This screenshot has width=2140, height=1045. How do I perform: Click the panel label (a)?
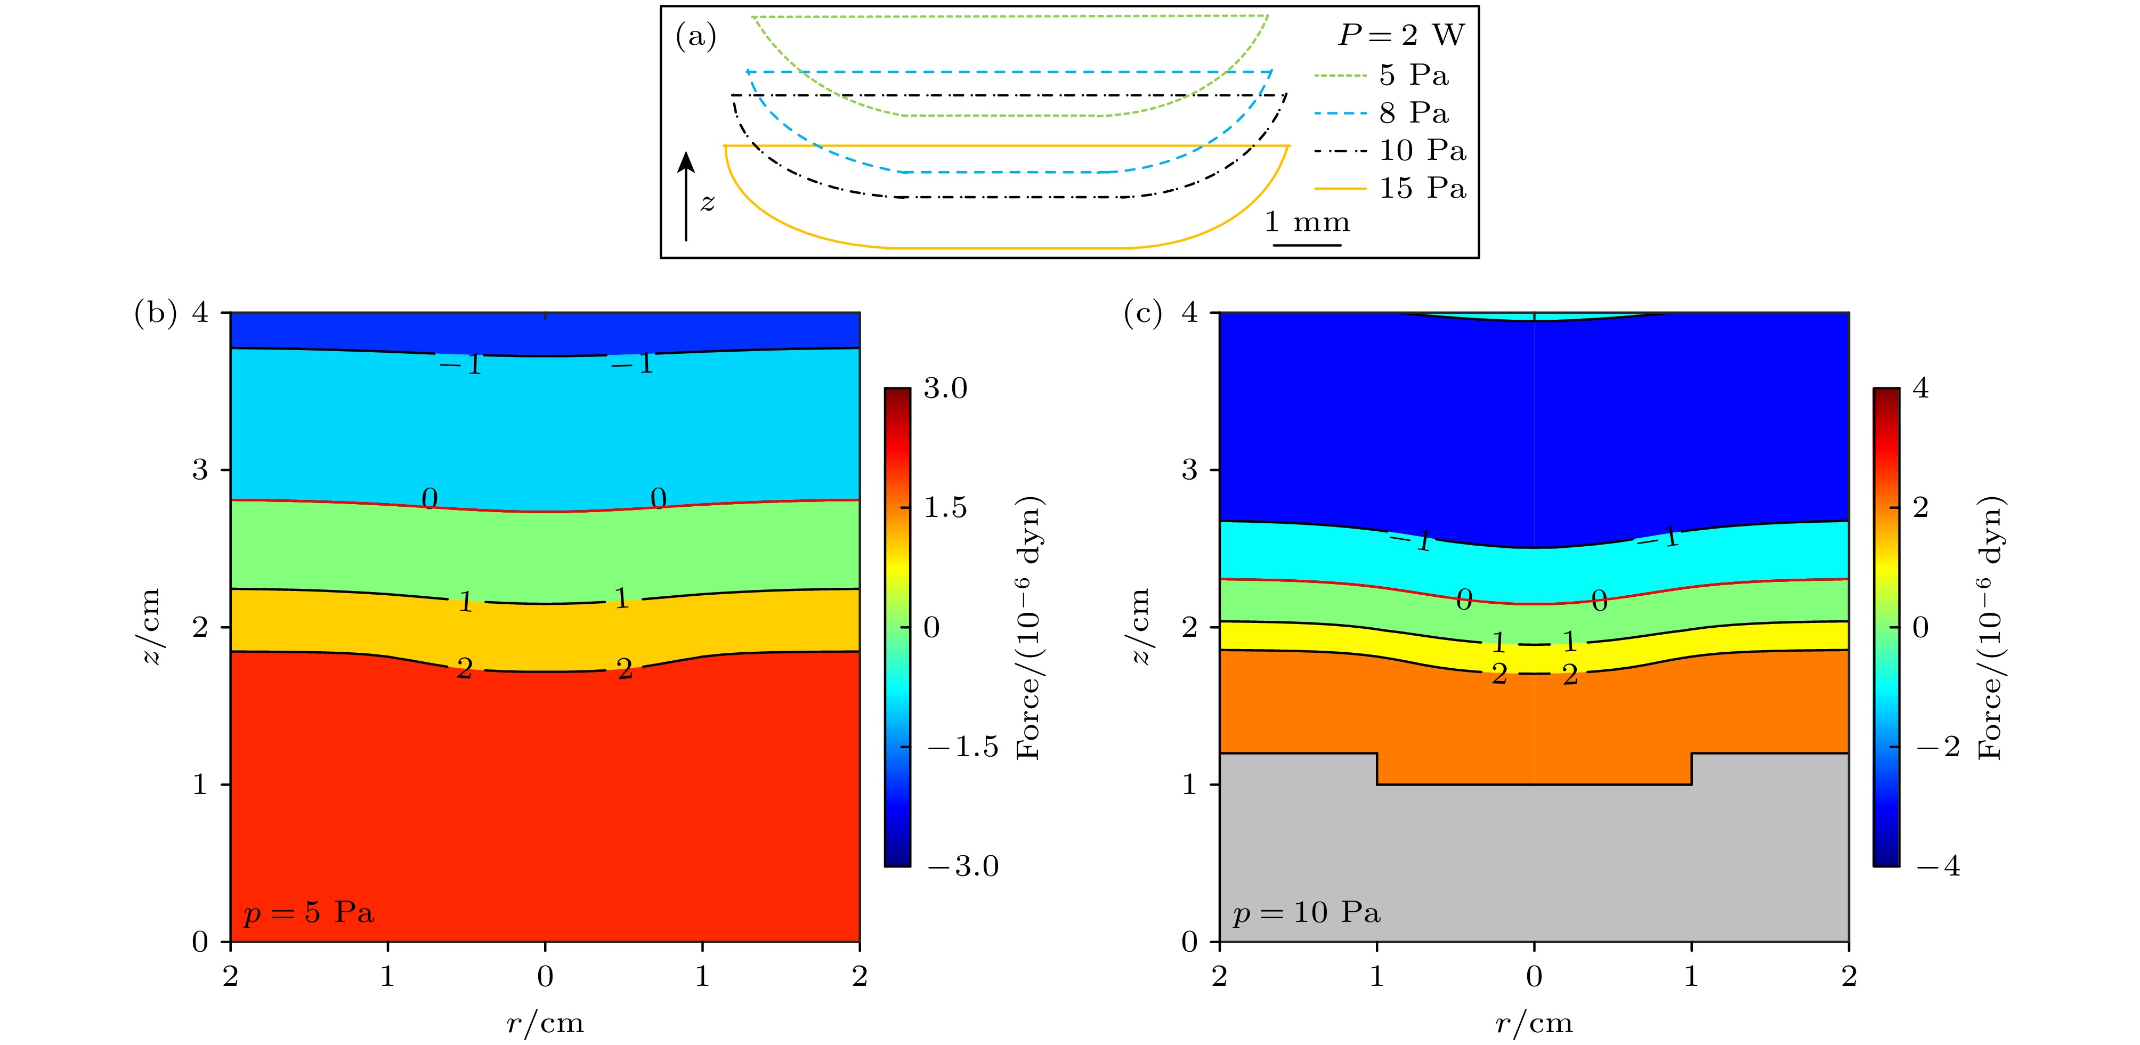click(x=695, y=37)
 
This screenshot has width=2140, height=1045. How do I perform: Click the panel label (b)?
click(x=156, y=313)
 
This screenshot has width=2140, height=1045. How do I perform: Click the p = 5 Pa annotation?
click(x=308, y=913)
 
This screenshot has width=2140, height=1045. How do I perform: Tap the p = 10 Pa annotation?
click(x=1307, y=913)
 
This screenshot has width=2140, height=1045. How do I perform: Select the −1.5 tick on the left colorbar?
click(x=962, y=747)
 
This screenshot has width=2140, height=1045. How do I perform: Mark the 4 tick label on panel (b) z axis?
click(x=200, y=313)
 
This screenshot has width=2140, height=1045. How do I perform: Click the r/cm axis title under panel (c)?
click(x=1534, y=1023)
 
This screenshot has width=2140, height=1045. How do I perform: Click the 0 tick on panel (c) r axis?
click(x=1534, y=977)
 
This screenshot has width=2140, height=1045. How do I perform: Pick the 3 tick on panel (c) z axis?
click(x=1189, y=470)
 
